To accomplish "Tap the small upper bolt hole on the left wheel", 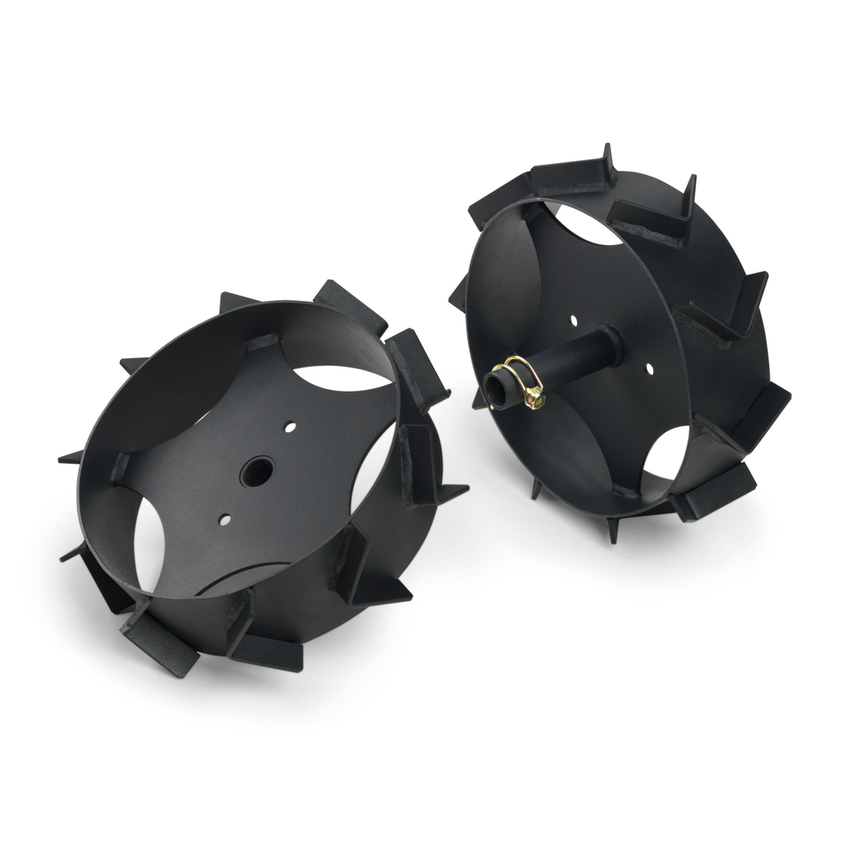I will [291, 426].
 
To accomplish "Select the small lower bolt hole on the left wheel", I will [225, 518].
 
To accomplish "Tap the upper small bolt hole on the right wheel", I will [573, 321].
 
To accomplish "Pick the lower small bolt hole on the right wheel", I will [650, 369].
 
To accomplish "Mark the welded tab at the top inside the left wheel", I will [264, 343].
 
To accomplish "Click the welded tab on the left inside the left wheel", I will [120, 468].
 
